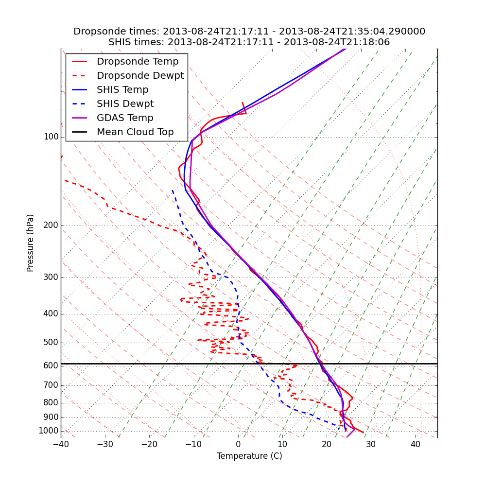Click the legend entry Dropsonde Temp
(x=138, y=62)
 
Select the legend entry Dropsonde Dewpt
(x=140, y=76)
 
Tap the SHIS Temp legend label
(x=122, y=90)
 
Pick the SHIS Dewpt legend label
(x=125, y=104)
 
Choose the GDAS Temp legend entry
(x=125, y=118)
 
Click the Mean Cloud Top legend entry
(x=135, y=132)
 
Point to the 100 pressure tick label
(x=51, y=137)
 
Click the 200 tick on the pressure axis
(x=51, y=226)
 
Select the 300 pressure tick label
(x=51, y=278)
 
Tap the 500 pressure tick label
(x=51, y=343)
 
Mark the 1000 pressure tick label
(x=49, y=431)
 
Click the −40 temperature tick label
(x=61, y=444)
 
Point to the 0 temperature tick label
(x=238, y=444)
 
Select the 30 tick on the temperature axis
(x=371, y=444)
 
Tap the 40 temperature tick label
(x=415, y=444)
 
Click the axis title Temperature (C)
(x=249, y=456)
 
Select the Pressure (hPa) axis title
(x=31, y=243)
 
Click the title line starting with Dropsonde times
(x=249, y=32)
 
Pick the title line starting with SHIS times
(x=249, y=42)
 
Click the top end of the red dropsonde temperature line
(x=243, y=103)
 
